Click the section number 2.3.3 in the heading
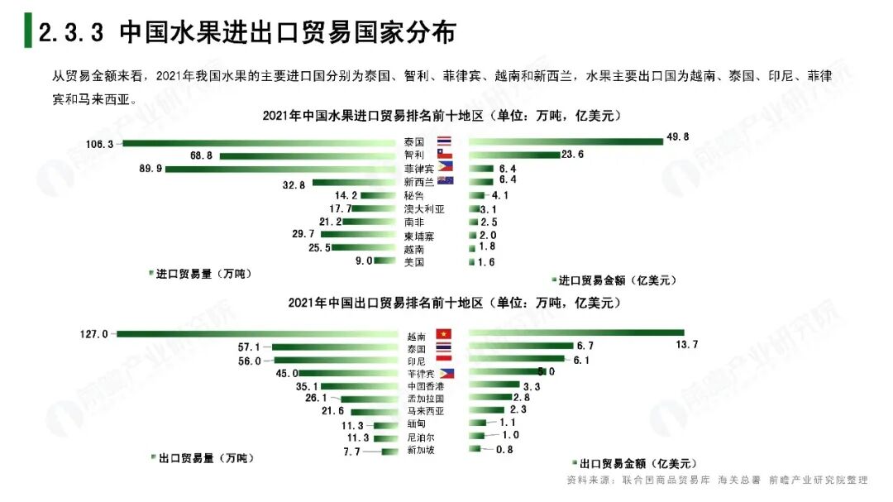pos(70,32)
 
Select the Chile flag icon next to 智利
pos(445,155)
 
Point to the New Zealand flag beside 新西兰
pos(445,180)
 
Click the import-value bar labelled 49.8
pos(566,141)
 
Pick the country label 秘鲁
pos(414,195)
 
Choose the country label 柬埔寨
pos(418,236)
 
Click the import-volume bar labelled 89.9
pos(281,169)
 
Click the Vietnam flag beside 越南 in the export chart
pos(443,333)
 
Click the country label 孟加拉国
pos(426,398)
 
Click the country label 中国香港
pos(425,385)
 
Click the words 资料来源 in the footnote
pos(585,480)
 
